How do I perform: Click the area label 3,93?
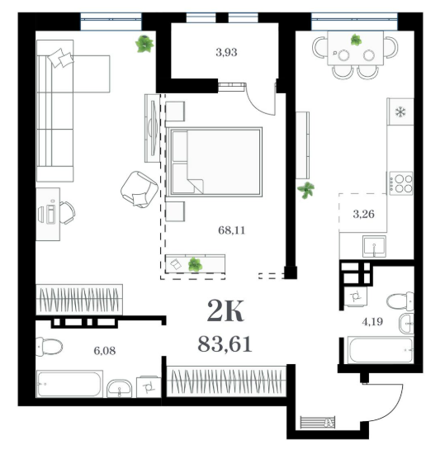click(x=226, y=53)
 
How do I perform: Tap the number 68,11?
click(x=231, y=230)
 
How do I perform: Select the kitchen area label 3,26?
click(x=363, y=214)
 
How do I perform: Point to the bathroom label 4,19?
click(x=372, y=322)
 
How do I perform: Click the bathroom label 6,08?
click(x=105, y=350)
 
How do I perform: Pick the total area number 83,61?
click(x=225, y=344)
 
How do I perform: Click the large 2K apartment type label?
click(x=225, y=310)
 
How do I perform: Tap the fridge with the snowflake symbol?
click(x=400, y=111)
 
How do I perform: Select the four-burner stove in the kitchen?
click(x=400, y=183)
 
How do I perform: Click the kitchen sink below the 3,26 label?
click(x=374, y=246)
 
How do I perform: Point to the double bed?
click(x=215, y=162)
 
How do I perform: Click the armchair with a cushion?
click(x=140, y=189)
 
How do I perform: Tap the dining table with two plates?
click(x=356, y=48)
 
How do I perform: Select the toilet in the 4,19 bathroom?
click(x=400, y=301)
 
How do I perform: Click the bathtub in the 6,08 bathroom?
click(x=69, y=384)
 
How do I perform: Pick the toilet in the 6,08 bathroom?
click(x=49, y=347)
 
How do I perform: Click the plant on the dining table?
click(x=356, y=40)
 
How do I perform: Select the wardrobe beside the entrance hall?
click(x=226, y=381)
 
